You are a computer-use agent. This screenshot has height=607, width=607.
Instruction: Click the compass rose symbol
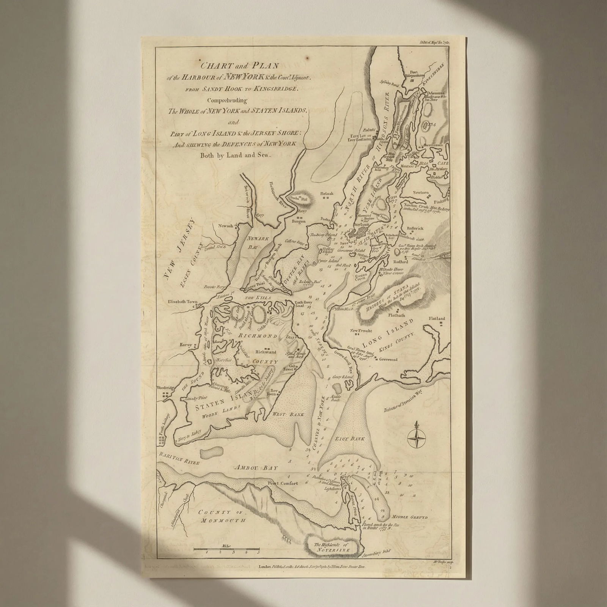point(417,438)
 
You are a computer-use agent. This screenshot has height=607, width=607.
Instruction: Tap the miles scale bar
point(226,550)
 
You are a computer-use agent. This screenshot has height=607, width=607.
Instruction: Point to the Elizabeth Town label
point(183,302)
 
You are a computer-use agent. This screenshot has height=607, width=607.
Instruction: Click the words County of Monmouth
point(221,516)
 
